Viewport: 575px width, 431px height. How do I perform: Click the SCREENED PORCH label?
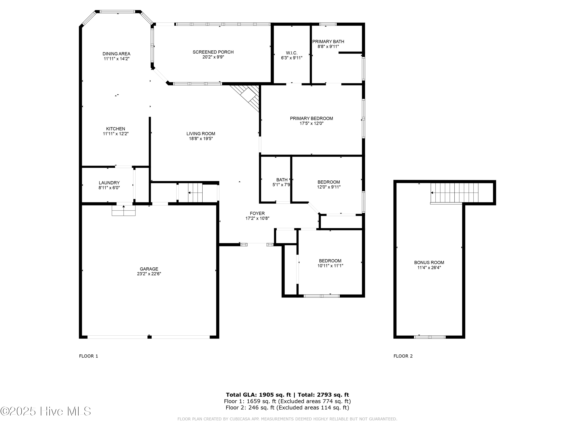(213, 52)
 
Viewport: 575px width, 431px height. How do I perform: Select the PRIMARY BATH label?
(328, 42)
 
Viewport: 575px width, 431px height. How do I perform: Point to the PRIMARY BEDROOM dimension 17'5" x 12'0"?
(311, 123)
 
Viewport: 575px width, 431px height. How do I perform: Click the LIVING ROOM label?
(201, 134)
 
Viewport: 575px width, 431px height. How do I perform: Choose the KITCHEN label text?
(115, 129)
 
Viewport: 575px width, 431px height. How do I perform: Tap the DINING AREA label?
(116, 54)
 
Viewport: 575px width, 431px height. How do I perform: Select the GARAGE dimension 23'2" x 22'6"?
(149, 274)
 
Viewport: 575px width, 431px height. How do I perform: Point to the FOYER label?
(257, 213)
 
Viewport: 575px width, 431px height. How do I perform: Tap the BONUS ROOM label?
(429, 262)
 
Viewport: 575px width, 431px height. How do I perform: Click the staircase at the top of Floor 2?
(454, 193)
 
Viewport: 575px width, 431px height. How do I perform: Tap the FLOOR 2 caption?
(403, 356)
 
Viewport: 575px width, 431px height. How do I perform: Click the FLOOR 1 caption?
(88, 356)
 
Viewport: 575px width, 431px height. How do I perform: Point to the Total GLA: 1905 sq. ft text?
(258, 395)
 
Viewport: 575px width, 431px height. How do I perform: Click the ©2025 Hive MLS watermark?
(45, 411)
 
